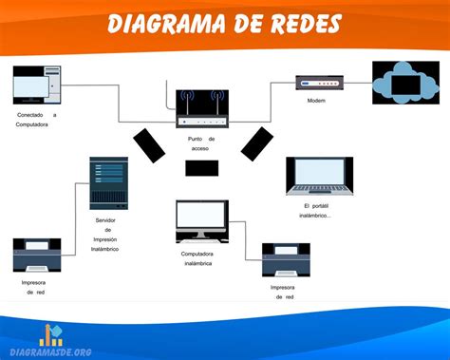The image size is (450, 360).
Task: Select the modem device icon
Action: pos(310,83)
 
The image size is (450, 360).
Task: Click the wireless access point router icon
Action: pos(202,109)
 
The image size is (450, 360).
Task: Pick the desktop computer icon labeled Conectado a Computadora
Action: pos(37,85)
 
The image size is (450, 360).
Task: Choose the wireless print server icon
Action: pos(107,183)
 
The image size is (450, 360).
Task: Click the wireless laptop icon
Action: pos(319,178)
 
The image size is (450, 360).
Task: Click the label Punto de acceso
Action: pos(201,143)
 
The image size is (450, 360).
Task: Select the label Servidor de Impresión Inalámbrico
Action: pos(106,234)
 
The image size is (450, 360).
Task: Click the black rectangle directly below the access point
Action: pos(201,168)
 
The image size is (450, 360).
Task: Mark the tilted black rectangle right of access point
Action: pos(256,142)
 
